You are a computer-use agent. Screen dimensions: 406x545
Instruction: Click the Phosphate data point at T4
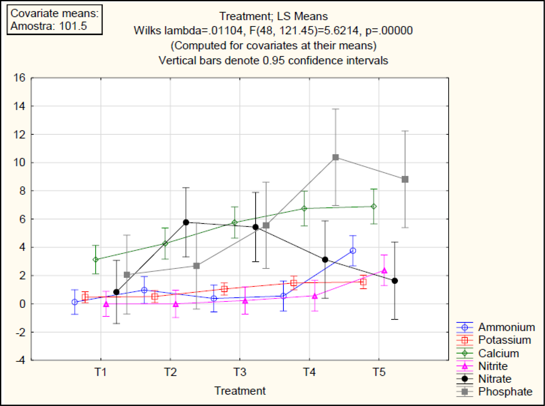335,157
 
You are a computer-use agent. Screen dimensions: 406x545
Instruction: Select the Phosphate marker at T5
405,179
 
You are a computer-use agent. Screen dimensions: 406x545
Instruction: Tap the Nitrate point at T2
186,222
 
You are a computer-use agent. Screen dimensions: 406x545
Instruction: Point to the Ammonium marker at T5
353,251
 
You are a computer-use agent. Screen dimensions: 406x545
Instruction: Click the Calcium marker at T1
96,259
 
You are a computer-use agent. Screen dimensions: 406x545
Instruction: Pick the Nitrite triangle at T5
384,270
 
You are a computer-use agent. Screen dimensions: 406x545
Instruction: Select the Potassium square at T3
224,289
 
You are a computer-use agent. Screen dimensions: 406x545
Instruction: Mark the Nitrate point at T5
395,281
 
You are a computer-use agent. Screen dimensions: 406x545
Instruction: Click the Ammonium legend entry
506,327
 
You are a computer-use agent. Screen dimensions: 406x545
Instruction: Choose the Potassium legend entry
504,340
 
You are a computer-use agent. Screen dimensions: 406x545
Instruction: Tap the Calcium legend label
498,353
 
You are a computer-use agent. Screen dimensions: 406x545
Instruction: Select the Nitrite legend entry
493,366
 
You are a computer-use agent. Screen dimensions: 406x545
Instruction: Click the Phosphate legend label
505,392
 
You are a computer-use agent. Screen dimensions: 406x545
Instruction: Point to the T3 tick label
240,372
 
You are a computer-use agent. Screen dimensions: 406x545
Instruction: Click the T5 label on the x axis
379,372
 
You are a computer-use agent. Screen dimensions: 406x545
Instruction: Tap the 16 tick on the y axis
19,78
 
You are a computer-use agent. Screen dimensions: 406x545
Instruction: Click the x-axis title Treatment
240,391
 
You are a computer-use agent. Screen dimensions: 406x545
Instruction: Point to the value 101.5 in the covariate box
73,26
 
